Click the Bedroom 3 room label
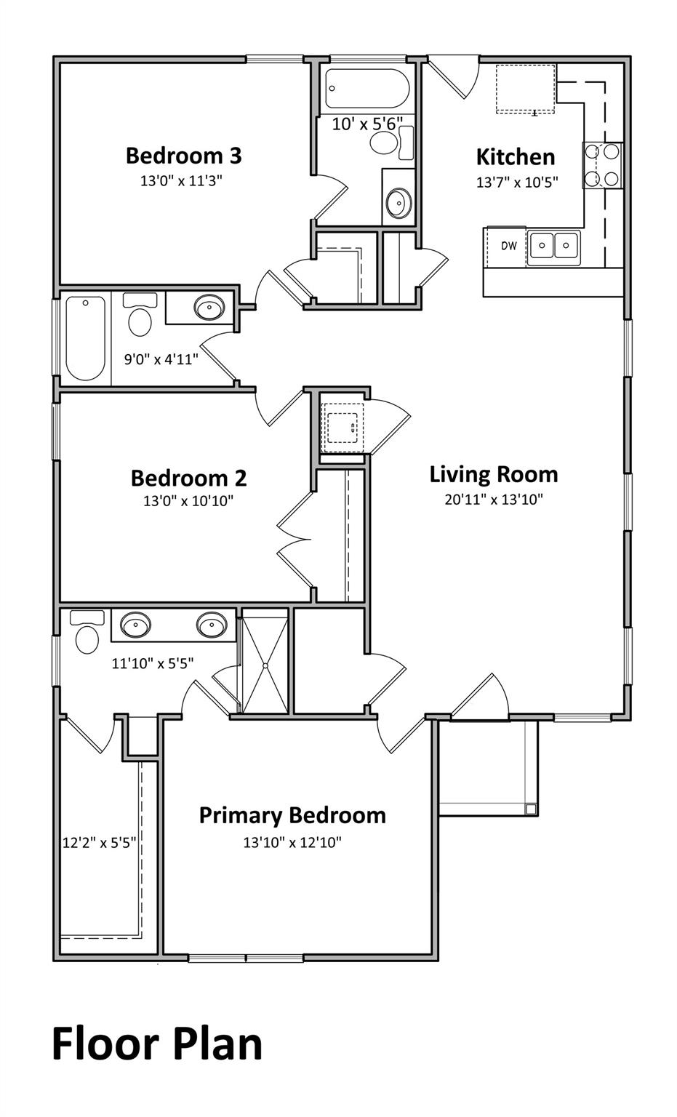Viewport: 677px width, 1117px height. [x=183, y=156]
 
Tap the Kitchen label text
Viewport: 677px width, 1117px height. [x=516, y=157]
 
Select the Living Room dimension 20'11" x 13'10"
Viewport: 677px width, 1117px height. [x=494, y=500]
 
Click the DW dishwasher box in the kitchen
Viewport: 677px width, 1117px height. [x=508, y=246]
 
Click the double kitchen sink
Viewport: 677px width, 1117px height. [x=553, y=246]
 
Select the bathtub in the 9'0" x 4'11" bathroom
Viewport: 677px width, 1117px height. [x=85, y=338]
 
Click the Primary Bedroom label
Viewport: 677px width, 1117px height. [x=292, y=815]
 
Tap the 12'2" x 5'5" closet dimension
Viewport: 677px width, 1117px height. [x=100, y=843]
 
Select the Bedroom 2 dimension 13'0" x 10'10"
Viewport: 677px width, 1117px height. [x=188, y=500]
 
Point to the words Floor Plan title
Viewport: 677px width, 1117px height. [x=157, y=1044]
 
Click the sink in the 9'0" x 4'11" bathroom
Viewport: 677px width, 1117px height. [x=209, y=308]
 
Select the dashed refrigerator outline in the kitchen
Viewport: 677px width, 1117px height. [x=526, y=89]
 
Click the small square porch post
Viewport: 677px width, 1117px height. [x=530, y=809]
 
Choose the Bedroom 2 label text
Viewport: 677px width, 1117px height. [x=188, y=478]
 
